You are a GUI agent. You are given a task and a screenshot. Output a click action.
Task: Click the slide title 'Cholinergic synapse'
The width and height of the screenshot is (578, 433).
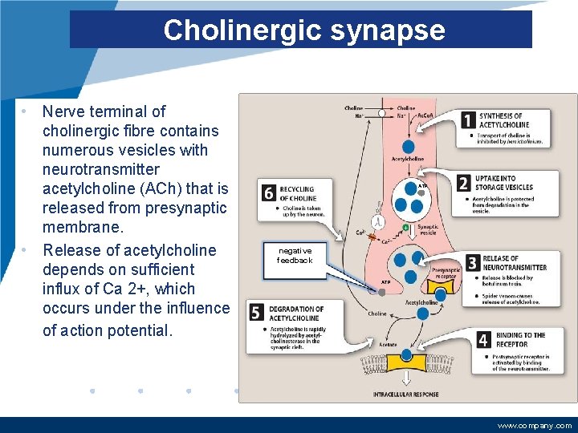[x=303, y=30]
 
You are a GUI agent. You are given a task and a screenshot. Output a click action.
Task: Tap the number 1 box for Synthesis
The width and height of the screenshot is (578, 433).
[x=468, y=120]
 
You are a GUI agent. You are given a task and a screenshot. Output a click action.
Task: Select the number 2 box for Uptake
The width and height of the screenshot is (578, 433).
[x=463, y=184]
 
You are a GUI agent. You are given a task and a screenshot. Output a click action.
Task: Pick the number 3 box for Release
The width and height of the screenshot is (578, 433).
[x=472, y=263]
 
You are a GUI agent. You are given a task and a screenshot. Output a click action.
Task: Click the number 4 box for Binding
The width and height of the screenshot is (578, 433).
[x=483, y=340]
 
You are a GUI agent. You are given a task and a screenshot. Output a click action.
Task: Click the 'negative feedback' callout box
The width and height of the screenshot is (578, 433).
[x=295, y=255]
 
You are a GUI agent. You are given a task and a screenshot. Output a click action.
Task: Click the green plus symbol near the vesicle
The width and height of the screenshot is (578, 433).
[x=405, y=228]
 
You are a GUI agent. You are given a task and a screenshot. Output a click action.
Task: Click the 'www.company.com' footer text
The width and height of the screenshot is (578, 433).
[x=535, y=425]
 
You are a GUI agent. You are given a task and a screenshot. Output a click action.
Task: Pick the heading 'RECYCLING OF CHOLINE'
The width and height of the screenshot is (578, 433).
[x=298, y=194]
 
